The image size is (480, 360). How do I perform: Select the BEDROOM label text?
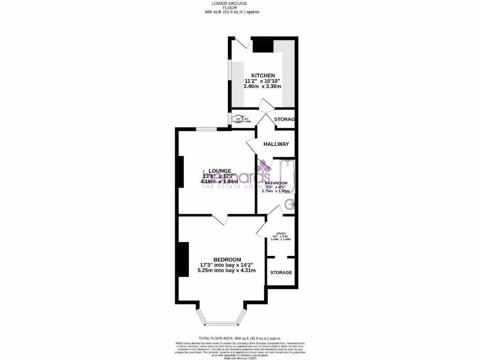(227, 260)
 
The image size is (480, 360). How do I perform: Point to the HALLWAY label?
(276, 144)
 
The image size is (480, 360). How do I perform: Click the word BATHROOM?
(276, 183)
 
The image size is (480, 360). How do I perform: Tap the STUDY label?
(281, 233)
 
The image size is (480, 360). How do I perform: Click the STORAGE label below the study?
(281, 272)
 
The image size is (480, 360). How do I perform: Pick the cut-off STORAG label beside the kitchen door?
(284, 120)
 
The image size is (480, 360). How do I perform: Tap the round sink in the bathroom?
(291, 204)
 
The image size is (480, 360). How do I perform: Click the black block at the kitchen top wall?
(263, 46)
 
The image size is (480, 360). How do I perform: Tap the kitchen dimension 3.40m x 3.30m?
(262, 86)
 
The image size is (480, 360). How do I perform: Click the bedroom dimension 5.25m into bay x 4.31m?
(227, 270)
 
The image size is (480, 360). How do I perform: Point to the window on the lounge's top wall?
(206, 129)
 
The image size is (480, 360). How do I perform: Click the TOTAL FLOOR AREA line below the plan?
(240, 338)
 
